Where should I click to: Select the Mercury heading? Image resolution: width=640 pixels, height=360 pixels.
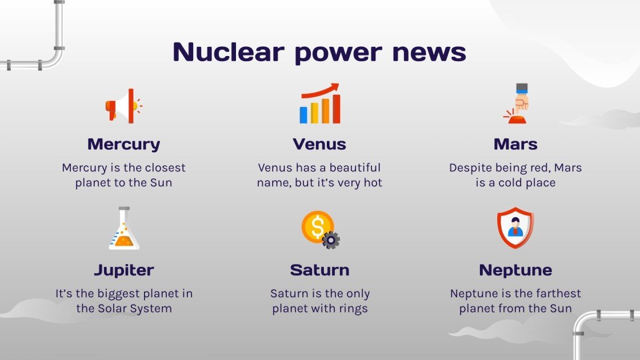coord(123,144)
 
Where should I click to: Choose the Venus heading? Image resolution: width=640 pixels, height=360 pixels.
coord(319,144)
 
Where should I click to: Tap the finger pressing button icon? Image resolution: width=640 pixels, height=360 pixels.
coord(518,104)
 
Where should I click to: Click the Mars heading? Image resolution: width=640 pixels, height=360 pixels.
coord(515,144)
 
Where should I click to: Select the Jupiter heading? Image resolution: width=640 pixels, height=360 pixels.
coord(123,270)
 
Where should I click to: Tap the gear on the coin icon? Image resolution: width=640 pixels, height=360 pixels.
coord(331,239)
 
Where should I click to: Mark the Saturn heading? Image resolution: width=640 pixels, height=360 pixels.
coord(319,270)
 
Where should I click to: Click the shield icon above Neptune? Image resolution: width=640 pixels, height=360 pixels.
coord(515,228)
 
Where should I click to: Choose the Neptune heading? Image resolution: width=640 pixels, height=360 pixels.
coord(515,270)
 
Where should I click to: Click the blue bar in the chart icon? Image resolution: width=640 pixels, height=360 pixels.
coord(303,114)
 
